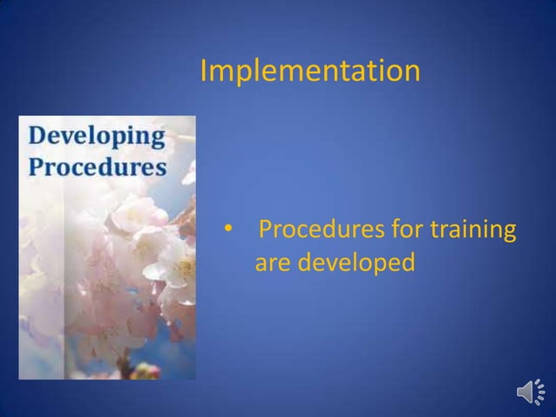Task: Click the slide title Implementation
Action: (x=309, y=72)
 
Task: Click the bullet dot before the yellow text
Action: (x=227, y=232)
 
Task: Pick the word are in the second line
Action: (x=273, y=262)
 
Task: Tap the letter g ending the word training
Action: (x=506, y=236)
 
